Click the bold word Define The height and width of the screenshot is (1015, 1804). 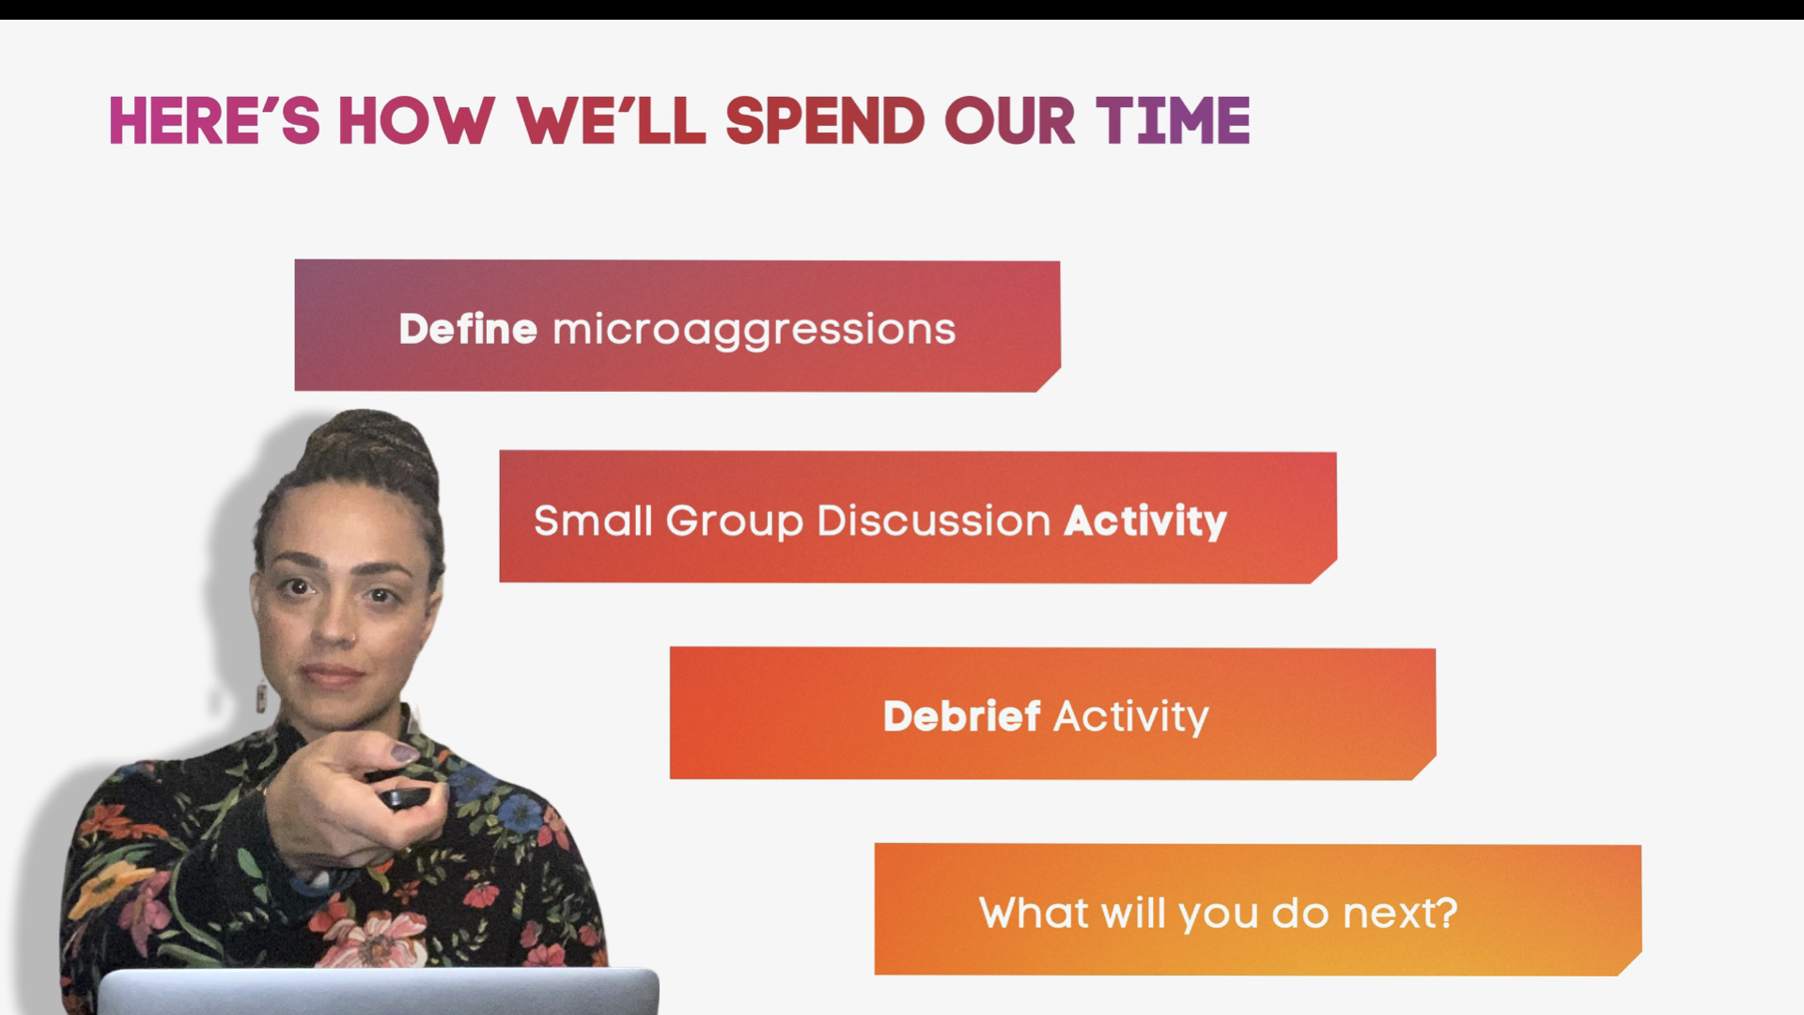[x=467, y=330]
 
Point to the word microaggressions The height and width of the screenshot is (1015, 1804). [x=754, y=331]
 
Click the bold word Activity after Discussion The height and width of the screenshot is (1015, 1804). [x=1144, y=521]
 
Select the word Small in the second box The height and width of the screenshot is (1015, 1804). [x=593, y=521]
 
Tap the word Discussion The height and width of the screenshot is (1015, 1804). [x=933, y=521]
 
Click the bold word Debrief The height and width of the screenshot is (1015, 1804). [x=961, y=716]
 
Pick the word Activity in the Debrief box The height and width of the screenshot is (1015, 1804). [x=1130, y=717]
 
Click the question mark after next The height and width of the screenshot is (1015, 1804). [x=1448, y=912]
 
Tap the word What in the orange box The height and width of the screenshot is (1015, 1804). [x=1034, y=912]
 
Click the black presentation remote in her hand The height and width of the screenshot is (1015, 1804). [x=404, y=799]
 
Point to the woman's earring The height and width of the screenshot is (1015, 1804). [x=261, y=697]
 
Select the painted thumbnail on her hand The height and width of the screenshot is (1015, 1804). [x=405, y=753]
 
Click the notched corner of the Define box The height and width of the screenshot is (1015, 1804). [x=1050, y=380]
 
